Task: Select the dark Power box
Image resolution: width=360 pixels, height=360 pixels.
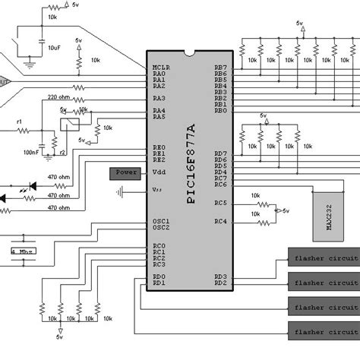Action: (126, 172)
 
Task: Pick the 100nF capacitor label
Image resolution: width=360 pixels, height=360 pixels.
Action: (32, 153)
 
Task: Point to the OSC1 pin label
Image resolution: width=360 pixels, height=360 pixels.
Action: (161, 221)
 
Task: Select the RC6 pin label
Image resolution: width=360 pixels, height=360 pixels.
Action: (220, 185)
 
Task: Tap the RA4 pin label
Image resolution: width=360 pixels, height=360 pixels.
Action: (159, 110)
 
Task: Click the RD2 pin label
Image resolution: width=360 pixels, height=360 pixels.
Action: (220, 283)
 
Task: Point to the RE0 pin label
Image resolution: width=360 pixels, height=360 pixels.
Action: (159, 147)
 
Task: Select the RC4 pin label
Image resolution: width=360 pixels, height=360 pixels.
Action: (220, 221)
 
